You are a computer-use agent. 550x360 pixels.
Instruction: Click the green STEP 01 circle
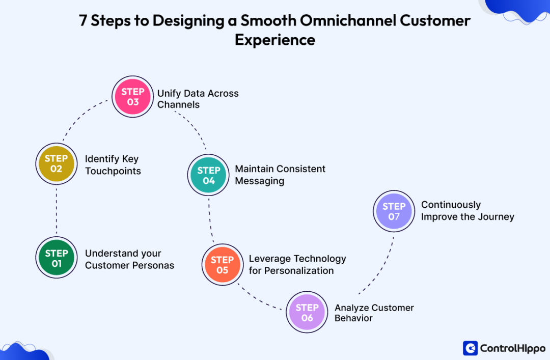57,258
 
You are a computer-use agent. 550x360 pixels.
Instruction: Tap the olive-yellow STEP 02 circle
56,163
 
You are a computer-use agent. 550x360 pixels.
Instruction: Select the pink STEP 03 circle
133,97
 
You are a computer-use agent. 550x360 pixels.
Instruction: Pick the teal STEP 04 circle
209,176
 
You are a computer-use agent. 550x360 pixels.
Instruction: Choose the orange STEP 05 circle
222,265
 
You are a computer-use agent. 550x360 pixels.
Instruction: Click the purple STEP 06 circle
307,313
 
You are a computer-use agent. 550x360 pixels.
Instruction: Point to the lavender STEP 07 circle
394,211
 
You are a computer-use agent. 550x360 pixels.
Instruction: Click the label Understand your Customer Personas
129,259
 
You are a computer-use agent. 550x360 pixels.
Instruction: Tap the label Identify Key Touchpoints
113,165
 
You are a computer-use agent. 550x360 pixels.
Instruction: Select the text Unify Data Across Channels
198,99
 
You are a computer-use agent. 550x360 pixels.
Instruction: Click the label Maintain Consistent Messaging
280,175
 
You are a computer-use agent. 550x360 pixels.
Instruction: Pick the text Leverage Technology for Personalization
297,265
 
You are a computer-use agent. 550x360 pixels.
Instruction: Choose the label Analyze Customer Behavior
374,313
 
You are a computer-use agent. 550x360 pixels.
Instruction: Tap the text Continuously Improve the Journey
467,211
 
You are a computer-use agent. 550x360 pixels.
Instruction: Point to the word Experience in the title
275,40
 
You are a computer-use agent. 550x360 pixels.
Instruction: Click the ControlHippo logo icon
470,348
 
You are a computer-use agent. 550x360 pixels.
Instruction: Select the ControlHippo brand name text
512,348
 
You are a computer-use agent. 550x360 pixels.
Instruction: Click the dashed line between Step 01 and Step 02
57,211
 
